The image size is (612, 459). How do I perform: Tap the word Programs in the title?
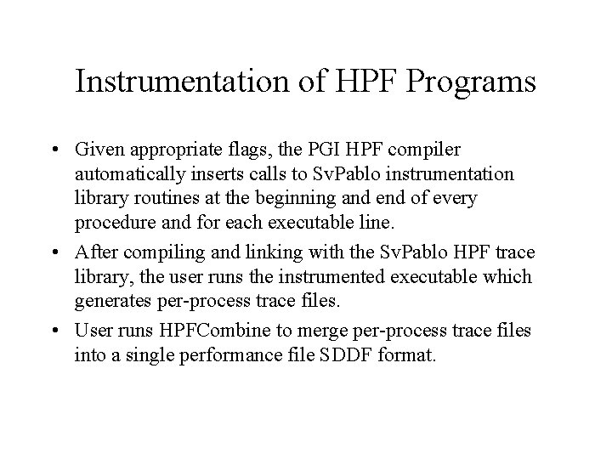point(476,82)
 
